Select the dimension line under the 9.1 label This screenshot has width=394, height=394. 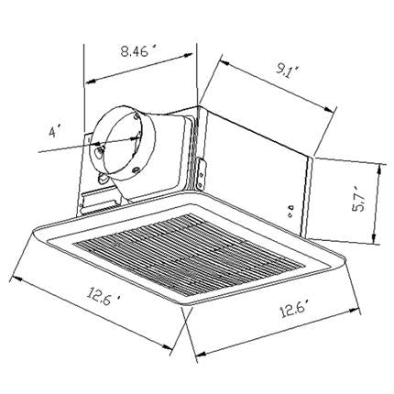(275, 88)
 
